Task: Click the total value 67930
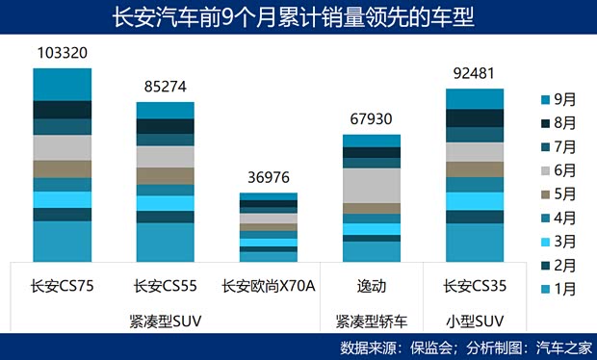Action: pyautogui.click(x=372, y=119)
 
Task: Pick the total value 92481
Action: pyautogui.click(x=474, y=73)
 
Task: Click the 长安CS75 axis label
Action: pyautogui.click(x=63, y=286)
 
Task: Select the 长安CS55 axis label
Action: pyautogui.click(x=166, y=286)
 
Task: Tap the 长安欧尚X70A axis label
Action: pyautogui.click(x=269, y=286)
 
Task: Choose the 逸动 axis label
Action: pyautogui.click(x=372, y=286)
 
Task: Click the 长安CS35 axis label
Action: pyautogui.click(x=474, y=286)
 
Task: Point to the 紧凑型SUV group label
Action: pyautogui.click(x=166, y=318)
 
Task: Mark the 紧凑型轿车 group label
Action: pyautogui.click(x=372, y=318)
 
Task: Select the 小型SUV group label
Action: pyautogui.click(x=474, y=318)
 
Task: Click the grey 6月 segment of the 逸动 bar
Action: pyautogui.click(x=372, y=185)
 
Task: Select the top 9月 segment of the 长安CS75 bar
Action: pyautogui.click(x=63, y=84)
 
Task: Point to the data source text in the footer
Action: pyautogui.click(x=466, y=347)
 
